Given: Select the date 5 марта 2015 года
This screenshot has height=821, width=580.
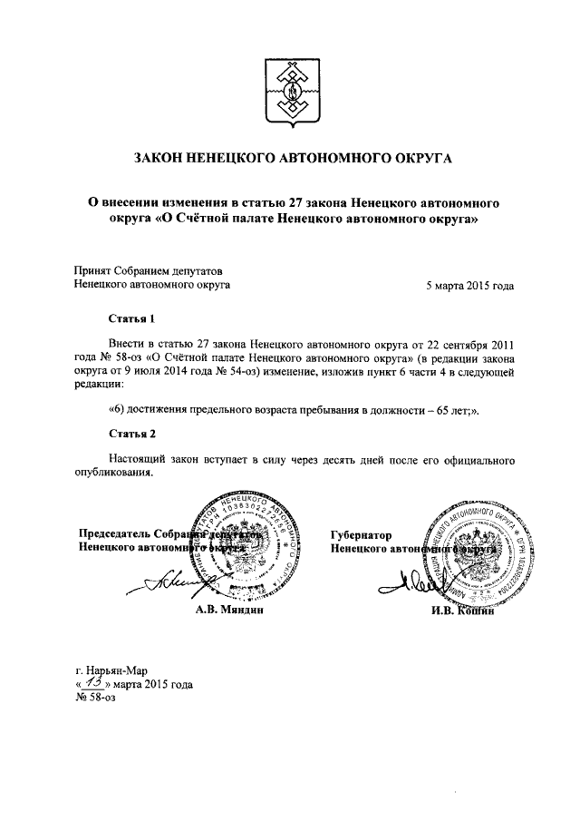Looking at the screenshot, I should pos(470,284).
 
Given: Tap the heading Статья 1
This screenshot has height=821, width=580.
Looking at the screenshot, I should pos(132,319).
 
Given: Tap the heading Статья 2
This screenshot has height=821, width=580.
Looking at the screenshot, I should pos(132,433).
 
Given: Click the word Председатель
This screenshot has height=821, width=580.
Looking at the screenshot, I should pos(114,534).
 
